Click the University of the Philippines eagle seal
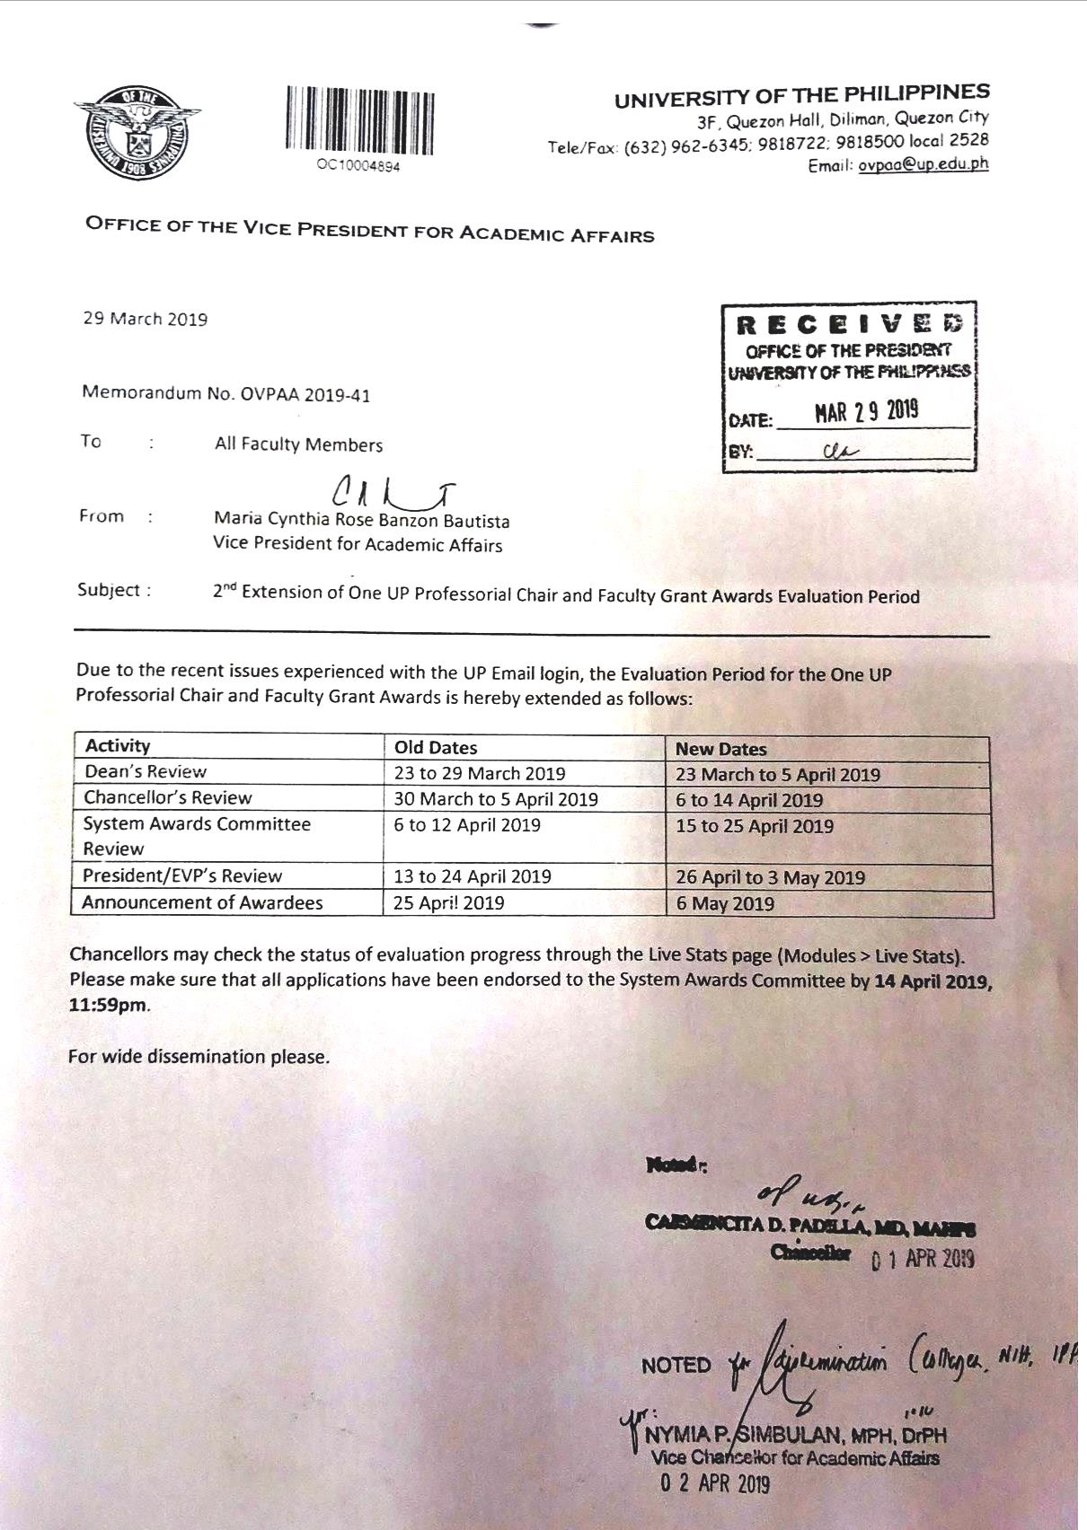137,133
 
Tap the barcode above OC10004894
360,119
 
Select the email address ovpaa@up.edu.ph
923,164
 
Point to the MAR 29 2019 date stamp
866,412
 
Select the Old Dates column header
436,747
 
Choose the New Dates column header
721,749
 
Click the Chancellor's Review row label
168,797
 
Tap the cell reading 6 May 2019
725,903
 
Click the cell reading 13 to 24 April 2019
473,876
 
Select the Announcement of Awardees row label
202,902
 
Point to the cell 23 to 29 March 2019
480,773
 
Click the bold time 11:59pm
108,1005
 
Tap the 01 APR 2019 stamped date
924,1259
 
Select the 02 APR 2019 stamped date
715,1483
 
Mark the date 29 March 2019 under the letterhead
146,319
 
